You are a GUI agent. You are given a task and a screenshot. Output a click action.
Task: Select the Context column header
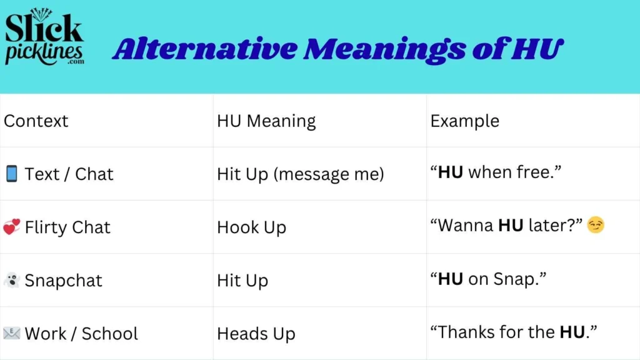[x=36, y=121]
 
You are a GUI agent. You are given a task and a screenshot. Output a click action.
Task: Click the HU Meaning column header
[x=266, y=121]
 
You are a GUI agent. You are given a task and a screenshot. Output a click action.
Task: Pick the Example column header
[x=464, y=121]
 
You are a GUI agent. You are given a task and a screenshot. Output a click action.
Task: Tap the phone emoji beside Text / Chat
[x=11, y=174]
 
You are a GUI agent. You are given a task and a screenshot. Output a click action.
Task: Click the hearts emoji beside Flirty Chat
[x=11, y=227]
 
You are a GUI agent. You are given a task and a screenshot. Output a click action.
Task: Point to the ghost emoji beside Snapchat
[x=11, y=281]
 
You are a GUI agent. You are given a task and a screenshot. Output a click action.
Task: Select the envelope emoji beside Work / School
[x=11, y=334]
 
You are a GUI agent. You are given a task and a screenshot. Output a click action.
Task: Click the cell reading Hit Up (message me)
[x=300, y=174]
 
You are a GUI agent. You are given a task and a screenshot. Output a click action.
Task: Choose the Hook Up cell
[x=251, y=227]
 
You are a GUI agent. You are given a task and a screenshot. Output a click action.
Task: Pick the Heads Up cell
[x=256, y=334]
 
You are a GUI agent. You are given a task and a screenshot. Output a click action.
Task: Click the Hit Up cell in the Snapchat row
[x=242, y=281]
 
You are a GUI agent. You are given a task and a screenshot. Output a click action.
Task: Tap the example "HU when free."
[x=496, y=173]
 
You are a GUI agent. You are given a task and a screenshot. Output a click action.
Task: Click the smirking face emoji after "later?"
[x=596, y=226]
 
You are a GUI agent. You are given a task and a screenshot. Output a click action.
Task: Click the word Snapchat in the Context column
[x=63, y=281]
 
